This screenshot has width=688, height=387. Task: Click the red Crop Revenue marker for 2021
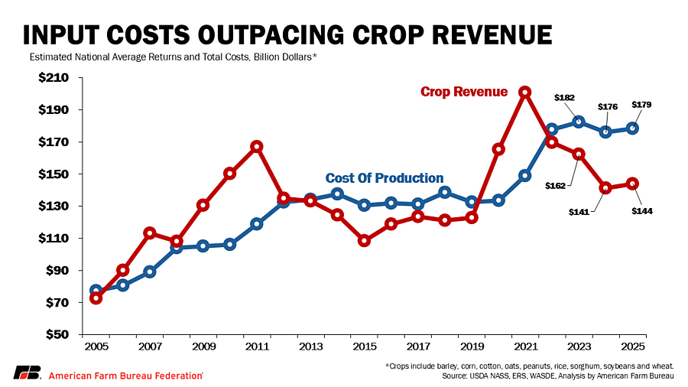tap(525, 92)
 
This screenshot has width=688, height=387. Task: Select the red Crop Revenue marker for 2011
tap(257, 146)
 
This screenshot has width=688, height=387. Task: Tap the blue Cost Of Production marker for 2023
tap(579, 122)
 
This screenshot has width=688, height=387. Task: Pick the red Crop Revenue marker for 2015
tap(365, 240)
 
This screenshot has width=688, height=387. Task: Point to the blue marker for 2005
tap(96, 291)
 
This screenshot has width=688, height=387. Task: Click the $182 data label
tap(564, 98)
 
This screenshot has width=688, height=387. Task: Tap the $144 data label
tap(641, 210)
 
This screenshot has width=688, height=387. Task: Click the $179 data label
tap(641, 105)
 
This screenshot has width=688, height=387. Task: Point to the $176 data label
tap(607, 107)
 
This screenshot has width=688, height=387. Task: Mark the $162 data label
tap(555, 185)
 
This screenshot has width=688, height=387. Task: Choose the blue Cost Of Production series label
tap(385, 178)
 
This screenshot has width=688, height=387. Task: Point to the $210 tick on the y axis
tap(54, 78)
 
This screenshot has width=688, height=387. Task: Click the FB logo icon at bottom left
tap(27, 373)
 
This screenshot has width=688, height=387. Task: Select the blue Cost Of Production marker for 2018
tap(445, 192)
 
